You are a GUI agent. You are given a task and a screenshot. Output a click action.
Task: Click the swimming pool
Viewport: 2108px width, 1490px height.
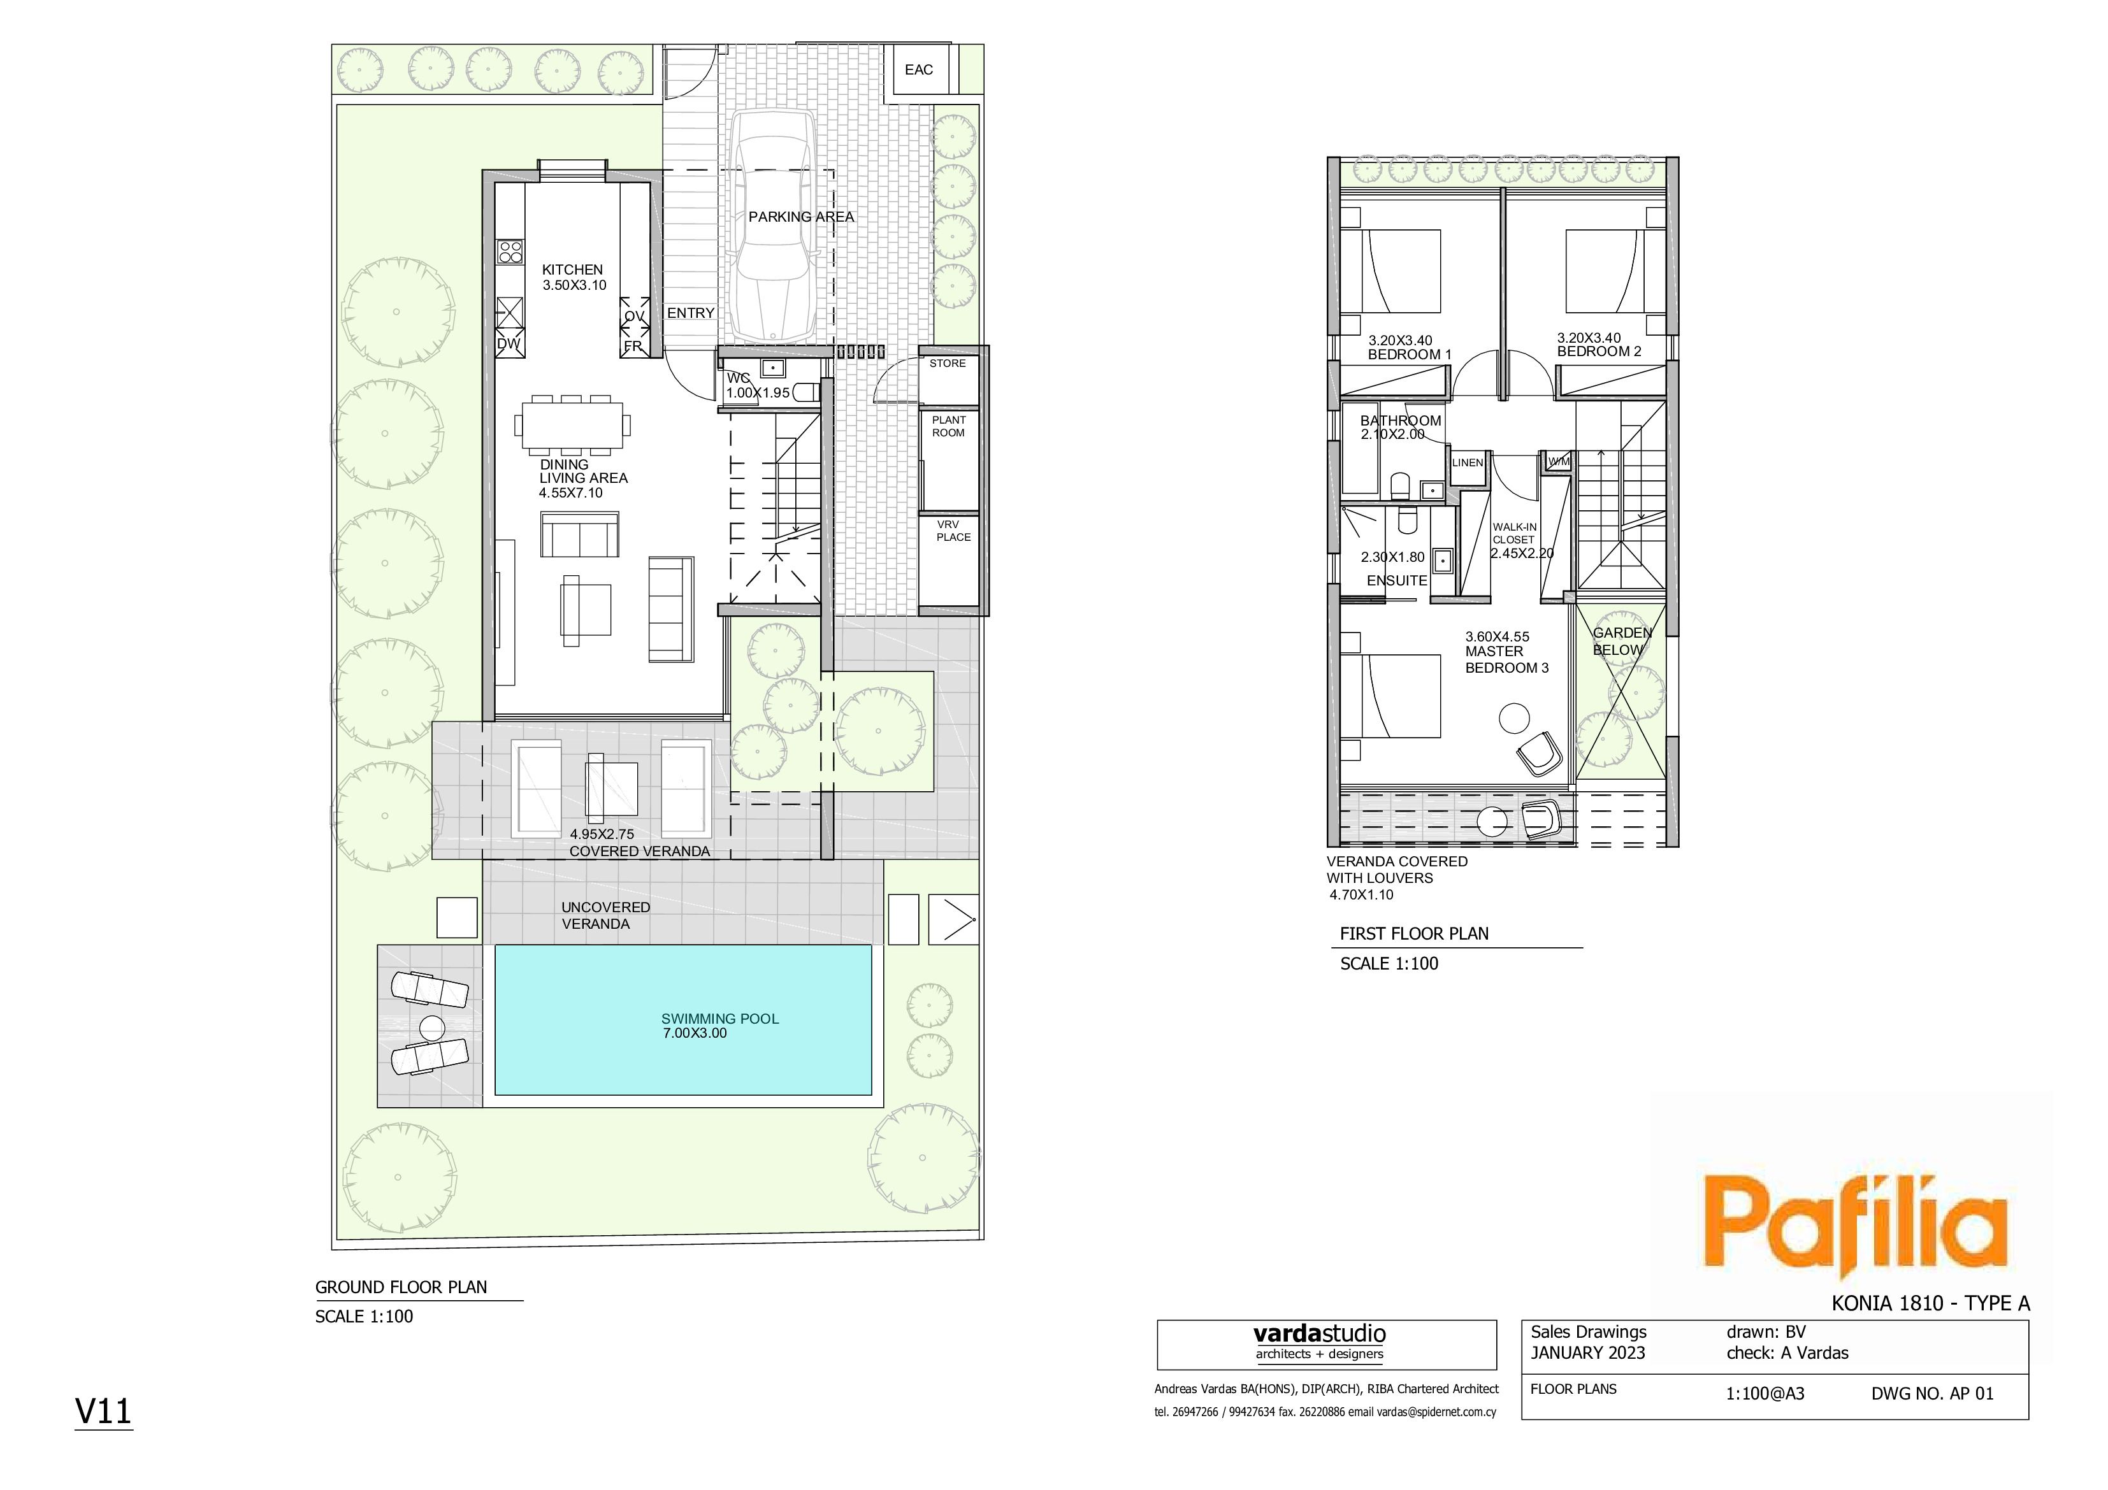683,1020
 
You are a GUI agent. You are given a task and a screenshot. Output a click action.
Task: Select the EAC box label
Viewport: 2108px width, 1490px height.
918,70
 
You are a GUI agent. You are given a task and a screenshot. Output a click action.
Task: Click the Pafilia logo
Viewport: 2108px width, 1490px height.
1854,1226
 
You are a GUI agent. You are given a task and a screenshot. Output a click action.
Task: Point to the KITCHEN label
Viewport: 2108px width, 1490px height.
572,270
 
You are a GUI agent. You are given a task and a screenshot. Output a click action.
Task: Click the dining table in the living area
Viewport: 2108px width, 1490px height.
573,425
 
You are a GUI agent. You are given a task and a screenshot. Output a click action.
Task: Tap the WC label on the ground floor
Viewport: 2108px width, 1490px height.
738,378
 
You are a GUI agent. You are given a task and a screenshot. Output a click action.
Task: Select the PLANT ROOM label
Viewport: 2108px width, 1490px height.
948,426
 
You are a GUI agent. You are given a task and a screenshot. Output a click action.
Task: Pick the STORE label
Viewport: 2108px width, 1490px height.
948,364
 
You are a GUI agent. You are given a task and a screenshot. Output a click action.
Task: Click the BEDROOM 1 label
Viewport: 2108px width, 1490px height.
1410,354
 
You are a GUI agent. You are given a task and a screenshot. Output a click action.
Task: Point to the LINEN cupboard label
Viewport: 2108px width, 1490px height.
1467,462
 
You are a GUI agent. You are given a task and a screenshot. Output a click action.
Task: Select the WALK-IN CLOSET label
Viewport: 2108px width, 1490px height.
1514,533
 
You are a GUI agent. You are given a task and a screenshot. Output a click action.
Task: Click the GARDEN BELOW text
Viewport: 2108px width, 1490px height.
1622,641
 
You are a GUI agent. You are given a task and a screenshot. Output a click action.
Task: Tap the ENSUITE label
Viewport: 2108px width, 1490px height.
1396,581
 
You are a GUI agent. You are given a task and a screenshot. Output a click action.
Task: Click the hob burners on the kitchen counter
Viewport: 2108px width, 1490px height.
510,252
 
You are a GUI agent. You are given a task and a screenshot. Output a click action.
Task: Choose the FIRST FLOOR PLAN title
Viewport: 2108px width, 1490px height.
1414,934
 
